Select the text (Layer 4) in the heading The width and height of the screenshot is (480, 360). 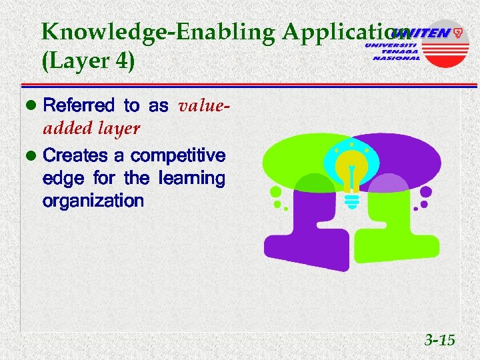point(88,61)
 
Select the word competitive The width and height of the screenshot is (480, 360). point(178,156)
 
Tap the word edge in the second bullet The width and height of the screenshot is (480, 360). point(58,179)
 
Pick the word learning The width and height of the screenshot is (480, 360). point(192,179)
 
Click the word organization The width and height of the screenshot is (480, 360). point(93,201)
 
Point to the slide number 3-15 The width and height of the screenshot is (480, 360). point(439,341)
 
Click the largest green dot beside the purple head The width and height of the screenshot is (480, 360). point(275,193)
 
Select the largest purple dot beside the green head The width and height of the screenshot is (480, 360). point(426,193)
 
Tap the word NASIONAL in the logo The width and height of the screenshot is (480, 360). point(397,58)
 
